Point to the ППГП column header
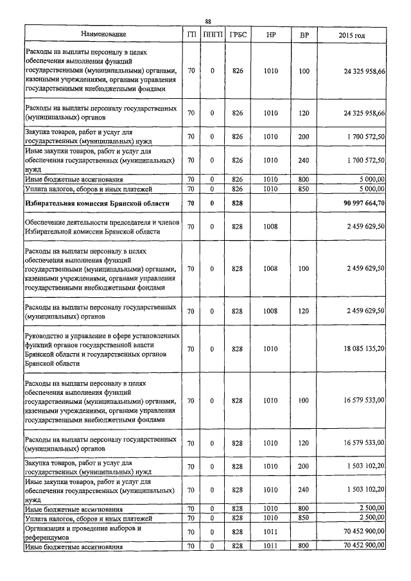pyautogui.click(x=212, y=35)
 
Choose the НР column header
pyautogui.click(x=270, y=35)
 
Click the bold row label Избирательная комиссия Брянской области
pyautogui.click(x=97, y=204)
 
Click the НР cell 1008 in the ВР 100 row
pyautogui.click(x=270, y=268)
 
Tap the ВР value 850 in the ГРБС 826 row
pyautogui.click(x=304, y=189)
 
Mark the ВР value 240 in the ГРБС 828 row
pyautogui.click(x=304, y=489)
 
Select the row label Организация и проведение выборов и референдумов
pyautogui.click(x=82, y=532)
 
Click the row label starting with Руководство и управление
pyautogui.click(x=101, y=349)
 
